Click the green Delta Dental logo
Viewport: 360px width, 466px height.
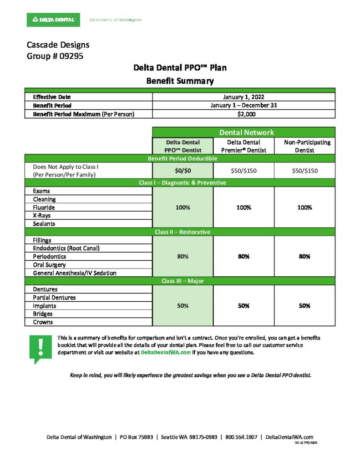[53, 20]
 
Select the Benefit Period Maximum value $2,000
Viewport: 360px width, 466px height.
[243, 114]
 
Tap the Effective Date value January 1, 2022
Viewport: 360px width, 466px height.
[243, 97]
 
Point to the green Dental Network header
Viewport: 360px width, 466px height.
[243, 132]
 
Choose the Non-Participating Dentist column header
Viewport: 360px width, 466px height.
[304, 146]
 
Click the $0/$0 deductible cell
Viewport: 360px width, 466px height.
[183, 171]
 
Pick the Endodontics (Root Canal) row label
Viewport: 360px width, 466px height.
[66, 248]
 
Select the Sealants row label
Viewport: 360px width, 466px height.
[44, 224]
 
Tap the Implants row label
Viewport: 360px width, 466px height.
[45, 306]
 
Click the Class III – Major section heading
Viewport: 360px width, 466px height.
[183, 281]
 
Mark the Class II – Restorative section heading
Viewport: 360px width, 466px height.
[183, 232]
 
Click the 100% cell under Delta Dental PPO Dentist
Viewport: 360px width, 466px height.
[183, 208]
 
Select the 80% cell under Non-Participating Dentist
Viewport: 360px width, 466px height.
[304, 256]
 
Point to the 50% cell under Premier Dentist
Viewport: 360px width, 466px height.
[243, 306]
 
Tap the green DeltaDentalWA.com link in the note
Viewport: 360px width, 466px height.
[166, 352]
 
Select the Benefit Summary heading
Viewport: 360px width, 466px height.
[180, 81]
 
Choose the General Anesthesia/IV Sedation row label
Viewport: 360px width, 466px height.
[75, 273]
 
